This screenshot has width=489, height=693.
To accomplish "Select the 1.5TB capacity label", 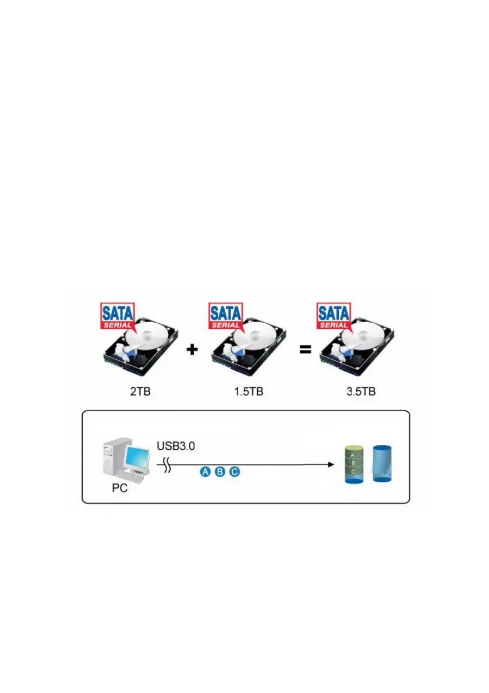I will click(248, 392).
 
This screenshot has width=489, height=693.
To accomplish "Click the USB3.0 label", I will click(177, 447).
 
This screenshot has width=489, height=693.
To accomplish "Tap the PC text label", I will click(122, 489).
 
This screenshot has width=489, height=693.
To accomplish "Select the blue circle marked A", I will click(205, 472).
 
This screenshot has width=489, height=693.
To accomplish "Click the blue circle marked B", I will click(219, 472).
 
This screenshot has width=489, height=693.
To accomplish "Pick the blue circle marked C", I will click(234, 472).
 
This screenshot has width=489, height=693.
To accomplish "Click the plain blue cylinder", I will click(382, 464).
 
